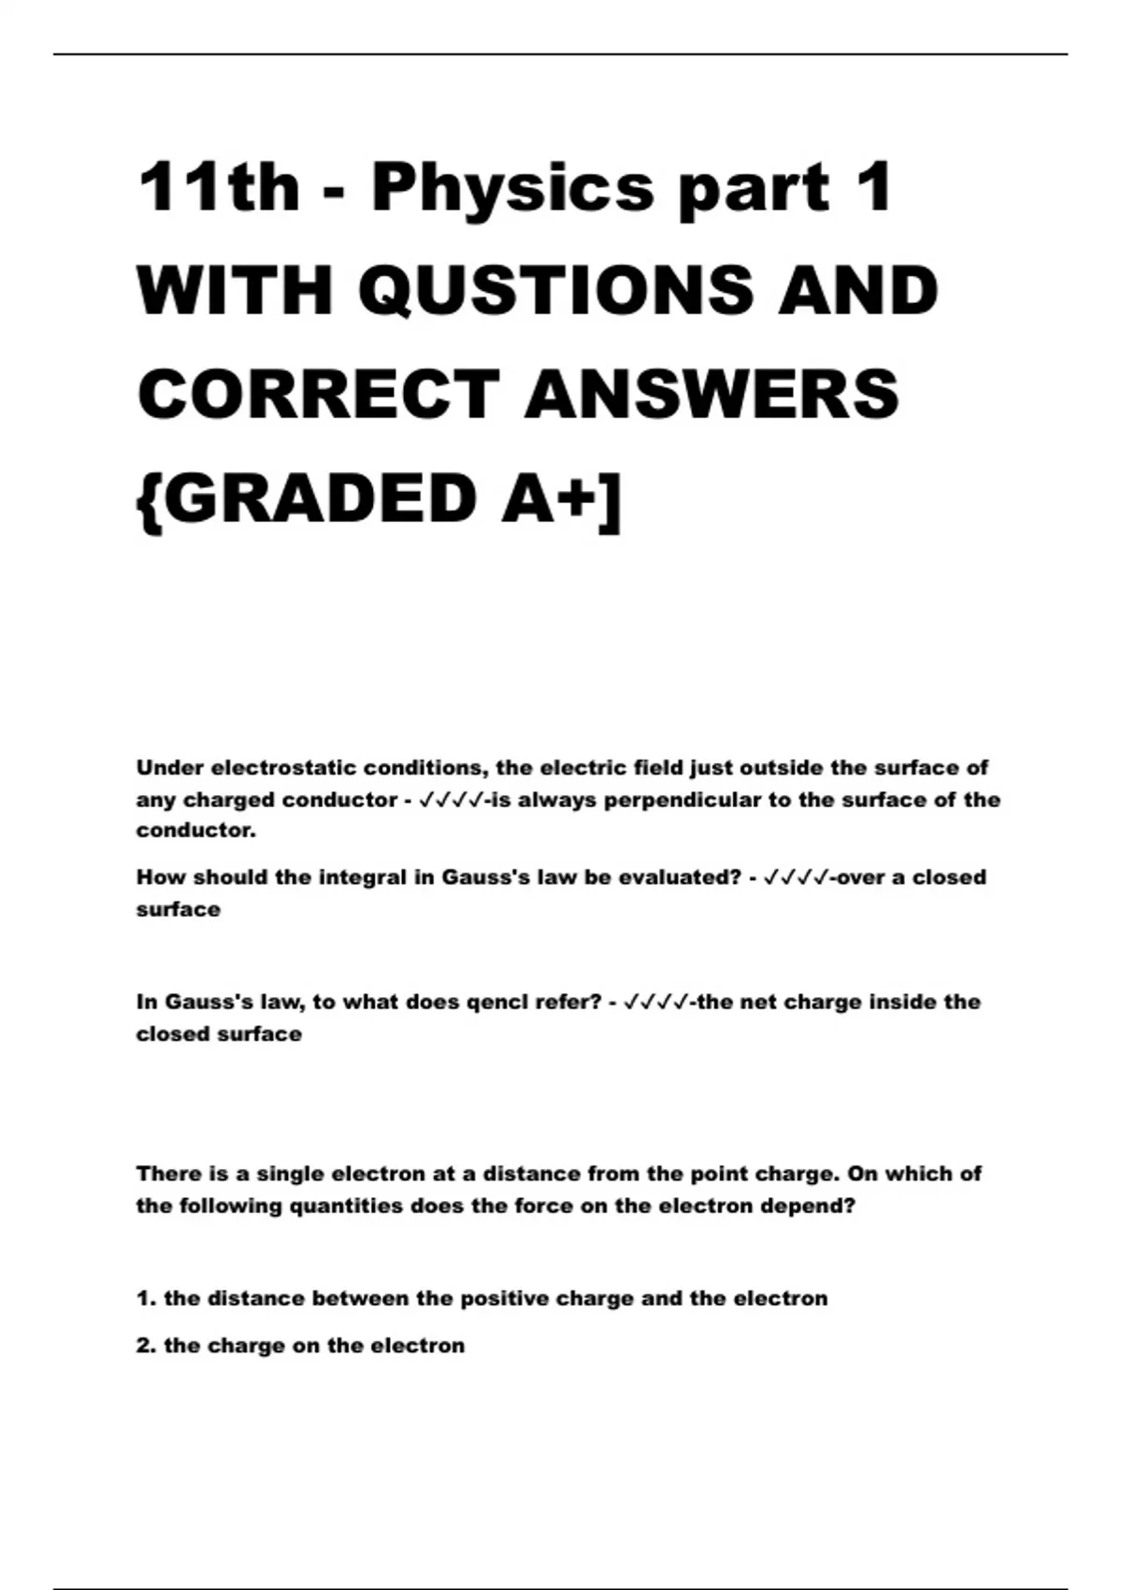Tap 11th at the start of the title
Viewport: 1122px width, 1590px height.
coord(218,187)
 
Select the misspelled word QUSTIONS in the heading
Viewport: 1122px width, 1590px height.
coord(556,290)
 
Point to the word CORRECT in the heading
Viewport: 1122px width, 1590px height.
coord(319,394)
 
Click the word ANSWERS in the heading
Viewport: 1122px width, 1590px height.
coord(712,394)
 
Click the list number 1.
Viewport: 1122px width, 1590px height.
coord(144,1298)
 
